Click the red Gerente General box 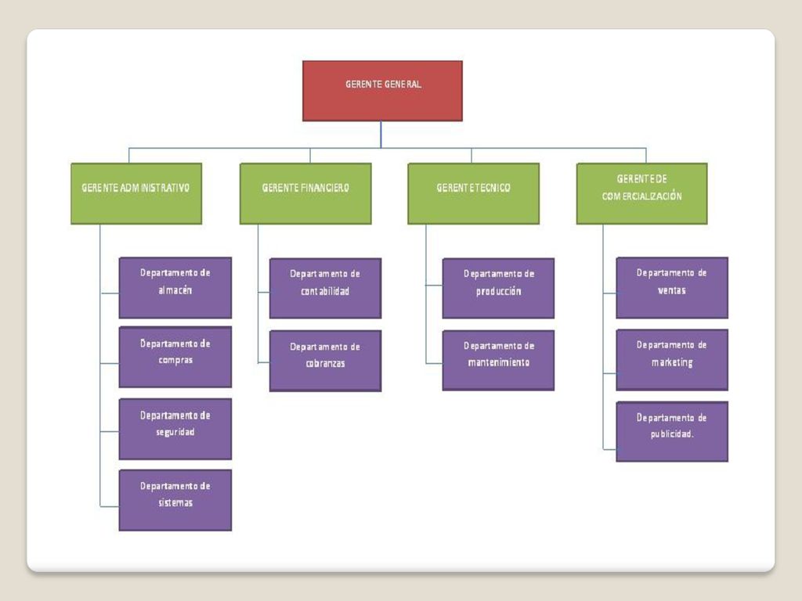point(382,91)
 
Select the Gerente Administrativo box point(136,194)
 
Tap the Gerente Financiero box point(305,194)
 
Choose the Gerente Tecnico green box point(473,194)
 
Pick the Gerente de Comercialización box point(642,194)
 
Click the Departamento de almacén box point(175,288)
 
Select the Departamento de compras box point(175,357)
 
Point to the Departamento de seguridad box point(175,429)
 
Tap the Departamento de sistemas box point(175,500)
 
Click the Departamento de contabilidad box point(325,288)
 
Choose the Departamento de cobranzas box point(325,361)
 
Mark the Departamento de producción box point(498,288)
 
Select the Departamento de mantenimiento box point(498,360)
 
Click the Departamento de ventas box point(672,288)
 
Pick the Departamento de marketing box point(672,360)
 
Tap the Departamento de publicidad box point(672,432)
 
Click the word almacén point(175,290)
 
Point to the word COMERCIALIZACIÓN point(642,196)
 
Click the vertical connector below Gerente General point(381,135)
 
